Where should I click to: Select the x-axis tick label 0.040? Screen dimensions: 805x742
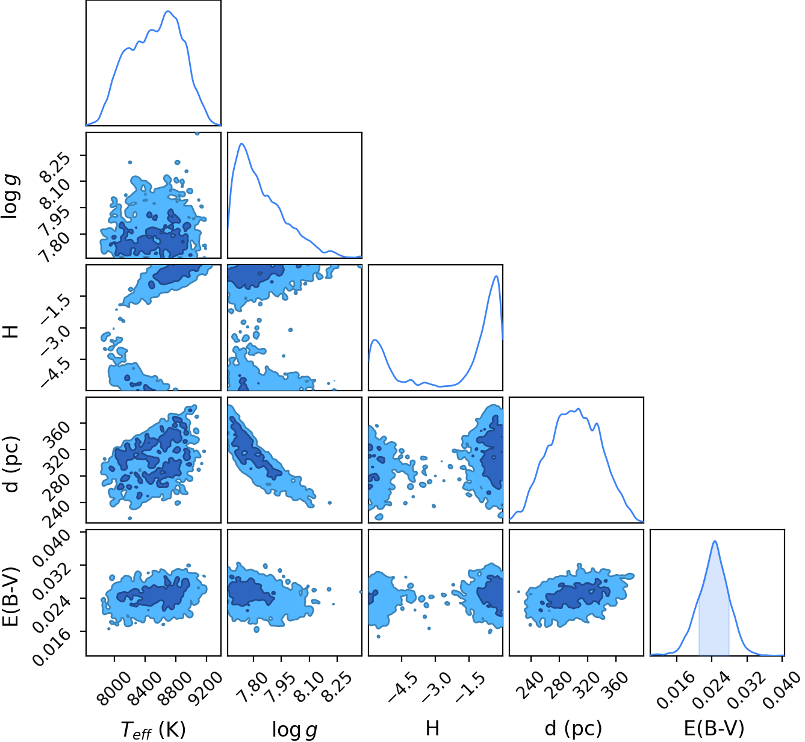point(782,689)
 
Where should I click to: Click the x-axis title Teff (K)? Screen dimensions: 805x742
point(153,729)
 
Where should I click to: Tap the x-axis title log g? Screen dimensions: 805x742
point(294,730)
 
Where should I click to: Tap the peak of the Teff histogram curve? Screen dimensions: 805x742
point(168,11)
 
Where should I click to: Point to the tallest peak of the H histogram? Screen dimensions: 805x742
point(496,276)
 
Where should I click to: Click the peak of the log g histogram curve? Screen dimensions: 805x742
point(241,143)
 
